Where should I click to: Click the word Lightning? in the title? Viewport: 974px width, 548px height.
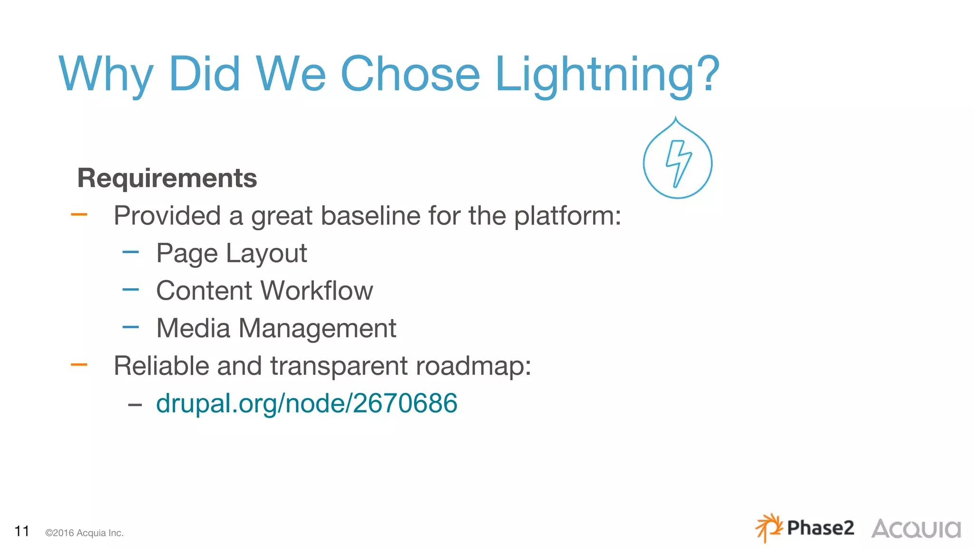pyautogui.click(x=607, y=75)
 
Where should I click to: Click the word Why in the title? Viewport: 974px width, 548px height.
pyautogui.click(x=106, y=75)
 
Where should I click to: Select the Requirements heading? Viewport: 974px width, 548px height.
pyautogui.click(x=167, y=178)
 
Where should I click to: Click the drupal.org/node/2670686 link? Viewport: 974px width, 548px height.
pyautogui.click(x=306, y=403)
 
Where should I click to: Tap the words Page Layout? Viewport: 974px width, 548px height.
pyautogui.click(x=231, y=253)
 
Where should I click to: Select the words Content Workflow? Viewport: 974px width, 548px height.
pyautogui.click(x=264, y=291)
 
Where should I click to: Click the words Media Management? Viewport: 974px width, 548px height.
pyautogui.click(x=276, y=328)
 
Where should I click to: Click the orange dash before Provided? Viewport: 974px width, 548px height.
pyautogui.click(x=79, y=215)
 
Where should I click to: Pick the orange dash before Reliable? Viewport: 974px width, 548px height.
pyautogui.click(x=79, y=365)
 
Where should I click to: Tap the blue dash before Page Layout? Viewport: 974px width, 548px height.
pyautogui.click(x=130, y=252)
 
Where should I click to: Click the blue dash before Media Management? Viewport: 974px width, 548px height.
pyautogui.click(x=130, y=327)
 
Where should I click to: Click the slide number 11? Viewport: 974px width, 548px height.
pyautogui.click(x=22, y=531)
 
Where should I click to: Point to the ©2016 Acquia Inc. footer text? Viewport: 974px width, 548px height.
pyautogui.click(x=84, y=533)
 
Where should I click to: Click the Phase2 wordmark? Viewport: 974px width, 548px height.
pyautogui.click(x=820, y=528)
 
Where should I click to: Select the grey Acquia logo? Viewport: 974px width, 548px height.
pyautogui.click(x=916, y=529)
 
